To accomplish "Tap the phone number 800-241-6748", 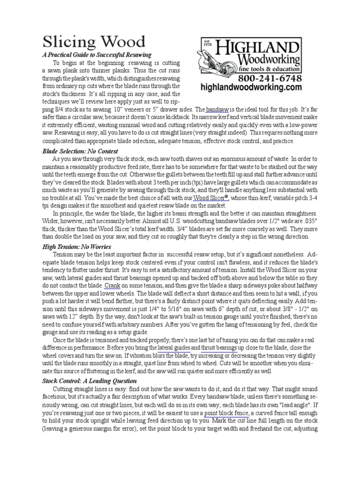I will [x=270, y=78].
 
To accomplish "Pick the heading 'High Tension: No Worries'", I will [x=76, y=246].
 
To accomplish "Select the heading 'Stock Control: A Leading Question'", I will [x=90, y=381].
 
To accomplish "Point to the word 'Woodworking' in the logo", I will [x=269, y=60].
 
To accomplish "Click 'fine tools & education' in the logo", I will [x=269, y=69].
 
